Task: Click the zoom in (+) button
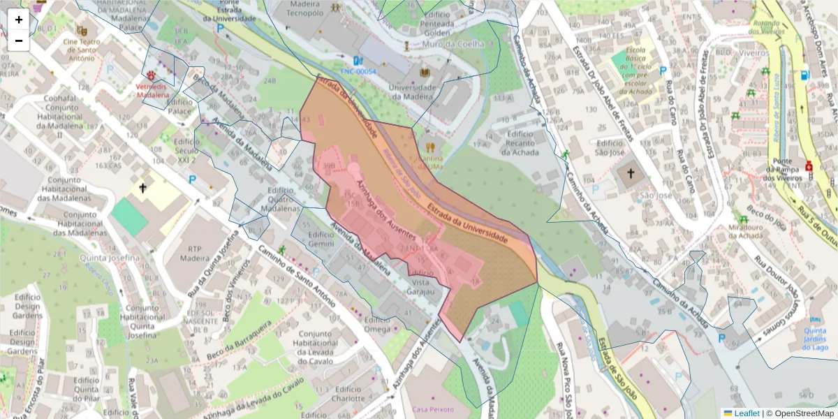(19, 20)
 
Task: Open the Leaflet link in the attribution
(747, 413)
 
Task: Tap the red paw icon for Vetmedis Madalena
(152, 73)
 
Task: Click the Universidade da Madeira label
(412, 91)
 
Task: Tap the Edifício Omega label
(377, 325)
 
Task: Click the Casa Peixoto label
(433, 409)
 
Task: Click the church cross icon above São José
(630, 173)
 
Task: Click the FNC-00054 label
(358, 71)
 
